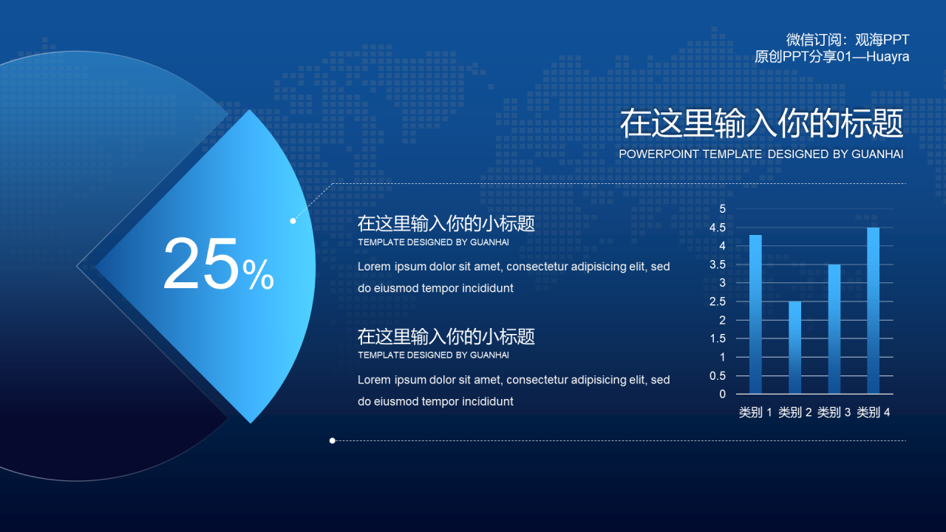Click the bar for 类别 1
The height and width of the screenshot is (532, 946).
pyautogui.click(x=755, y=314)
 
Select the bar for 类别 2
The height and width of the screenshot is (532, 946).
pyautogui.click(x=794, y=347)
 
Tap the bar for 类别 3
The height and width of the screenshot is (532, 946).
pyautogui.click(x=834, y=329)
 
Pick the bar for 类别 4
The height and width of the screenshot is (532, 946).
pyautogui.click(x=874, y=310)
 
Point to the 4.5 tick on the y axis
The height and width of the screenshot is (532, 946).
pyautogui.click(x=718, y=228)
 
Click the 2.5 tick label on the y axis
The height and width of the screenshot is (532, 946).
pyautogui.click(x=718, y=301)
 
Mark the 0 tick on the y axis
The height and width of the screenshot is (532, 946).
pyautogui.click(x=722, y=394)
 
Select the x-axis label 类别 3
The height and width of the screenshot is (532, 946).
pyautogui.click(x=834, y=412)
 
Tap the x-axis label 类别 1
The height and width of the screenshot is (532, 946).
pyautogui.click(x=755, y=412)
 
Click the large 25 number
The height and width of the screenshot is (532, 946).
pyautogui.click(x=200, y=265)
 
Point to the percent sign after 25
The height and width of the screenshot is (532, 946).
pyautogui.click(x=259, y=276)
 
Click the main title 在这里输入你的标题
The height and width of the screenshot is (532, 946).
pyautogui.click(x=761, y=123)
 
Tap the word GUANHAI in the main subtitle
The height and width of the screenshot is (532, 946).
pyautogui.click(x=877, y=154)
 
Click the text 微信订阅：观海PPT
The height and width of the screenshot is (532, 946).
pyautogui.click(x=847, y=40)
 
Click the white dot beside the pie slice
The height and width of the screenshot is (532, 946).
pyautogui.click(x=293, y=221)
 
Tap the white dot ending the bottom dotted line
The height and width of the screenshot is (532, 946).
pyautogui.click(x=333, y=440)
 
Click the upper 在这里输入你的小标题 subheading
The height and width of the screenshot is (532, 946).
pyautogui.click(x=446, y=223)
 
